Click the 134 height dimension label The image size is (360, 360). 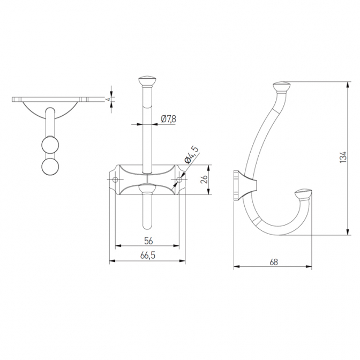(x=342, y=157)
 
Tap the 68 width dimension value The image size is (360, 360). (x=274, y=262)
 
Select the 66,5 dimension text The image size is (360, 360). (x=148, y=256)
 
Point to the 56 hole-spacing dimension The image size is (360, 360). (x=148, y=241)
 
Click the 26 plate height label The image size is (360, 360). (x=204, y=179)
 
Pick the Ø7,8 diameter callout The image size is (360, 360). (x=169, y=119)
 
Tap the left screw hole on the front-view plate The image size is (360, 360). (x=115, y=179)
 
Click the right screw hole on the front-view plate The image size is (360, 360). (x=179, y=179)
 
